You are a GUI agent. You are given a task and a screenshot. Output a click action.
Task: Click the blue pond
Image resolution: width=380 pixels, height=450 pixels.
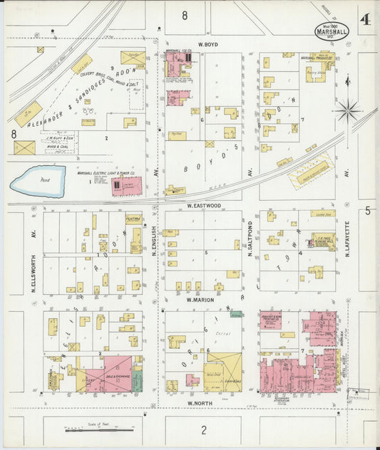tap(37, 181)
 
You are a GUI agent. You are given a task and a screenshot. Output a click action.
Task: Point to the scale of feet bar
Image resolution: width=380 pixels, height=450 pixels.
tap(92, 429)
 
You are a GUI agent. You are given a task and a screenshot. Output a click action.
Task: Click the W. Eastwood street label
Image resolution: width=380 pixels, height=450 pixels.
tap(204, 205)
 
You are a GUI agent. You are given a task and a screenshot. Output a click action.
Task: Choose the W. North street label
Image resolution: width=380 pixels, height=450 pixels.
tap(201, 402)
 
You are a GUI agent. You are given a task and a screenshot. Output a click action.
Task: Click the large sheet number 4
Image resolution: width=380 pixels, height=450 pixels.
tap(365, 19)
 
